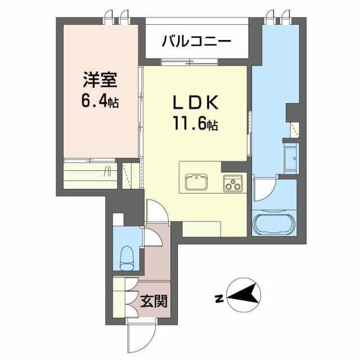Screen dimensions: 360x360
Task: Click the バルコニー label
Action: [196, 41]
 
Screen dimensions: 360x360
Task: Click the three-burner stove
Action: [233, 183]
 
